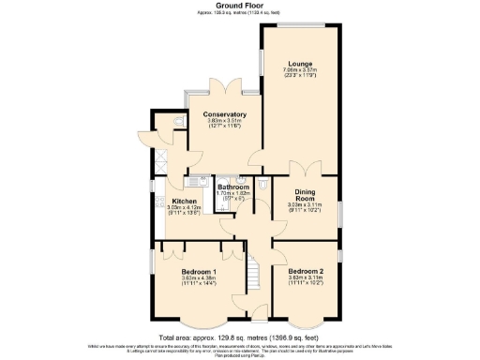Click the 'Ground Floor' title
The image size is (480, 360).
tap(240, 6)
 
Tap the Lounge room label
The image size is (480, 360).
tap(300, 63)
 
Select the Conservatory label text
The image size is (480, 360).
tap(225, 114)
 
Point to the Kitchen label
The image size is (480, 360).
tap(184, 202)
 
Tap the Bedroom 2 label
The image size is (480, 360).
tap(305, 272)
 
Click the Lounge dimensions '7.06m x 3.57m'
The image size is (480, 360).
tap(300, 70)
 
